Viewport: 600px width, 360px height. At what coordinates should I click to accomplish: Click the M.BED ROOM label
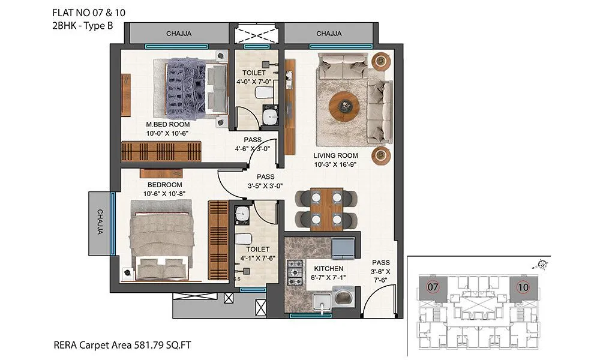coord(168,124)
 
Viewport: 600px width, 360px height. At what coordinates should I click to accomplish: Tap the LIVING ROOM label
coord(335,156)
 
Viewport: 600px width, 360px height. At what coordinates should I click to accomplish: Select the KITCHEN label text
coord(329,269)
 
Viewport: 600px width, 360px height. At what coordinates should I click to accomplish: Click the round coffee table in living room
coord(345,105)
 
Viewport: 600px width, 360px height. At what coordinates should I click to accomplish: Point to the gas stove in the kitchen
coord(295,273)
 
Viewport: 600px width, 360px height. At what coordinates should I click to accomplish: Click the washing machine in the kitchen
coord(343,297)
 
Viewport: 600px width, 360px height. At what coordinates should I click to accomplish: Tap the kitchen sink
coord(322,301)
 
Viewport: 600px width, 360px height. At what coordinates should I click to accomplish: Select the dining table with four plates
coord(326,209)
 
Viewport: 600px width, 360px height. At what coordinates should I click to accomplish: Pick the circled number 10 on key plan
coord(523,287)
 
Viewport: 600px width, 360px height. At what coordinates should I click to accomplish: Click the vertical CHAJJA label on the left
coord(100,222)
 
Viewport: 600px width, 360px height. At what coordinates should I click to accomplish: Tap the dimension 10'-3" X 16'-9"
coord(335,165)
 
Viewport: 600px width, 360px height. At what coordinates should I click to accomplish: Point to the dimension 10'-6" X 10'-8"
coord(164,194)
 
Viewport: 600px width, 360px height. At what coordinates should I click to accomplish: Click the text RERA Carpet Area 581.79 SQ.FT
coord(122,345)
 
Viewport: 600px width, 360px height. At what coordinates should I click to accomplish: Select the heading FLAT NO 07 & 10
coord(89,13)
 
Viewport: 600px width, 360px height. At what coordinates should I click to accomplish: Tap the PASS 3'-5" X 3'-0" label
coord(265,181)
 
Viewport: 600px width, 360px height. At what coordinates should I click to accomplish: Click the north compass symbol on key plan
coord(542,263)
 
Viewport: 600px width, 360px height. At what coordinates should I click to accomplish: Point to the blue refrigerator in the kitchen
coord(343,248)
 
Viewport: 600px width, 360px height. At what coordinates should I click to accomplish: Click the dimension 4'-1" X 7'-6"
coord(258,258)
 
